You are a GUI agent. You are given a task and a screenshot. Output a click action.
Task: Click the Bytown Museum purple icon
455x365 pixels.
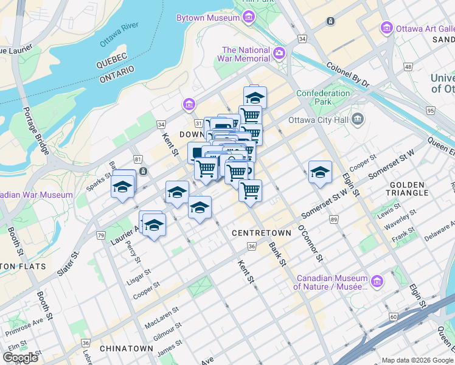[x=248, y=18]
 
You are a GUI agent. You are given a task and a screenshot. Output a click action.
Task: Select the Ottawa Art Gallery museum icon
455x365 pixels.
[x=386, y=28]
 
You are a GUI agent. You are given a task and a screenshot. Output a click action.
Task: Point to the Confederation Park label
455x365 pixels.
[x=323, y=98]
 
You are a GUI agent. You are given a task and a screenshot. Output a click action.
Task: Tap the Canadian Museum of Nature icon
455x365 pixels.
[x=377, y=281]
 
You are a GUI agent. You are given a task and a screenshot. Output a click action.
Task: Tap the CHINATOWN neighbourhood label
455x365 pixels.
[x=126, y=349]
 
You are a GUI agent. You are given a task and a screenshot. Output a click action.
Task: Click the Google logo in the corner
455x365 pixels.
[x=20, y=357]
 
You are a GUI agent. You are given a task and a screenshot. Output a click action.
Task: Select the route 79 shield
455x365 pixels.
[x=100, y=235]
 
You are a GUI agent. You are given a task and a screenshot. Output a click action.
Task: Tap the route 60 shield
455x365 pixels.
[x=394, y=317]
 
